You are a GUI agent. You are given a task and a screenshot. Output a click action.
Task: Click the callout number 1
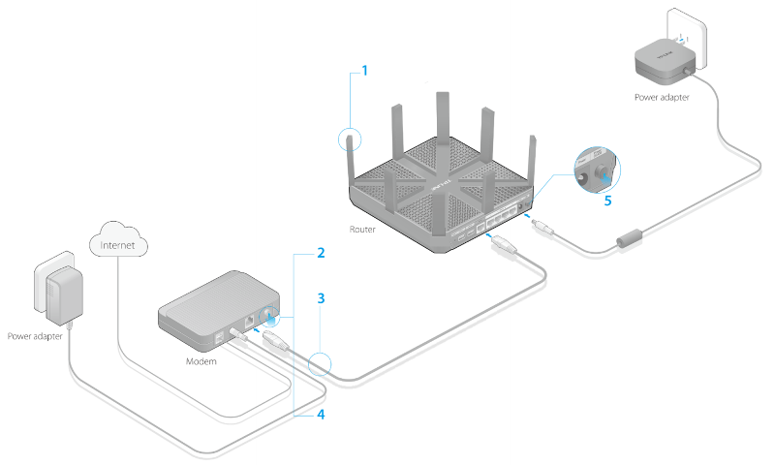pyautogui.click(x=365, y=71)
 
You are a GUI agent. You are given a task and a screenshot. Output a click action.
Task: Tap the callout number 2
pyautogui.click(x=319, y=255)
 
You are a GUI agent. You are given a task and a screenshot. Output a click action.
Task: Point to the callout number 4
pyautogui.click(x=319, y=415)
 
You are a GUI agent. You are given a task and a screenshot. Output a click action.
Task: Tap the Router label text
pyautogui.click(x=362, y=230)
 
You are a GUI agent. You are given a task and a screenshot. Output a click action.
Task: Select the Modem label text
pyautogui.click(x=201, y=359)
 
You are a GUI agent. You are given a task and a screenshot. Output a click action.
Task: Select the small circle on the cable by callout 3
pyautogui.click(x=320, y=365)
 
